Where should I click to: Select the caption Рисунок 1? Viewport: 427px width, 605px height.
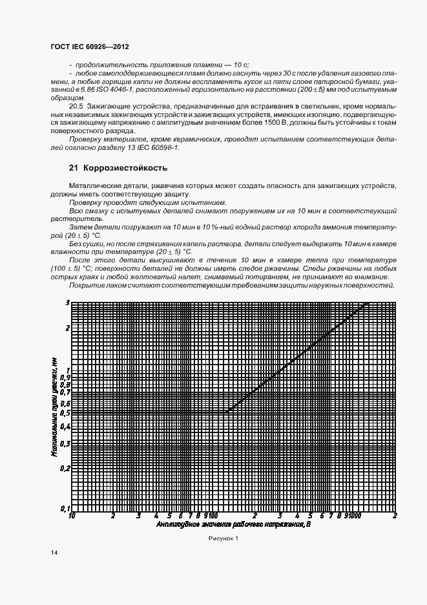point(223,538)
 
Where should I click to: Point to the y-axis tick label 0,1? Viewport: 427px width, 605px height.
point(65,509)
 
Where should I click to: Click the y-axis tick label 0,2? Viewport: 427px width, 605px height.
point(65,468)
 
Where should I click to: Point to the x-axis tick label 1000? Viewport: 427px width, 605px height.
point(353,516)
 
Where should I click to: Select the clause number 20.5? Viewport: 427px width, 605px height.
point(77,104)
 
